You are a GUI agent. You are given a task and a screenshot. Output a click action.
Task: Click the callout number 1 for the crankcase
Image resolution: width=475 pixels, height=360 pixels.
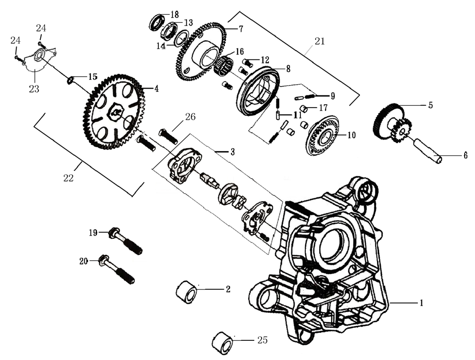click(x=421, y=303)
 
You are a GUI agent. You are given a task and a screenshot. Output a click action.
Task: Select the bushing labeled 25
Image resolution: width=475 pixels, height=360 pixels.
click(x=222, y=342)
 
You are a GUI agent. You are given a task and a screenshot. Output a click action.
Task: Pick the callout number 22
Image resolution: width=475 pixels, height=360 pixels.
click(x=68, y=178)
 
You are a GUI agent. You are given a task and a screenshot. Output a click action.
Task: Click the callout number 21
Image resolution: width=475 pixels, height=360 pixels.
click(x=320, y=42)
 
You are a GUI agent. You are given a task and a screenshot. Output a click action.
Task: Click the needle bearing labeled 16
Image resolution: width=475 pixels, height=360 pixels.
click(x=224, y=66)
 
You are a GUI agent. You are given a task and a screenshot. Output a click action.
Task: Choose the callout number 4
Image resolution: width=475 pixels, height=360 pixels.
click(x=156, y=89)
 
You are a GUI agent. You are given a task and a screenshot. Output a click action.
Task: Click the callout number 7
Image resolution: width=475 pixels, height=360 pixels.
click(x=241, y=29)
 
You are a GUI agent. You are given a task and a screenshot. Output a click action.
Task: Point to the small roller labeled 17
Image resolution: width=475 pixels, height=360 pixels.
click(x=304, y=108)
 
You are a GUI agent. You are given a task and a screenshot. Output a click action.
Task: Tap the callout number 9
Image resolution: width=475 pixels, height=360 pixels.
click(x=332, y=95)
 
